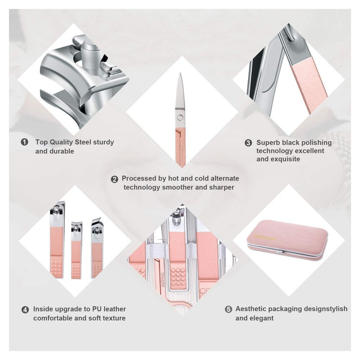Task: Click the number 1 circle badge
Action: [24, 142]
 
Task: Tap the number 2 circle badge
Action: [114, 179]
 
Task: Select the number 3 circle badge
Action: [248, 143]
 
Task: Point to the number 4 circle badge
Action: [25, 309]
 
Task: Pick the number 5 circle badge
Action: [228, 309]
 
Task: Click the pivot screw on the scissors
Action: [180, 117]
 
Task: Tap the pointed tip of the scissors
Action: [181, 73]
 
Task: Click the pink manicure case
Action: [288, 240]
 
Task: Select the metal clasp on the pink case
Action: [281, 252]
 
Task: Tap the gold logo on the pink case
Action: [264, 237]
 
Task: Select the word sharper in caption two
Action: [222, 187]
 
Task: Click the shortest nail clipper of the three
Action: [76, 250]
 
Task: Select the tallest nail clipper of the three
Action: [57, 239]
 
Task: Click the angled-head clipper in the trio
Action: [97, 248]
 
